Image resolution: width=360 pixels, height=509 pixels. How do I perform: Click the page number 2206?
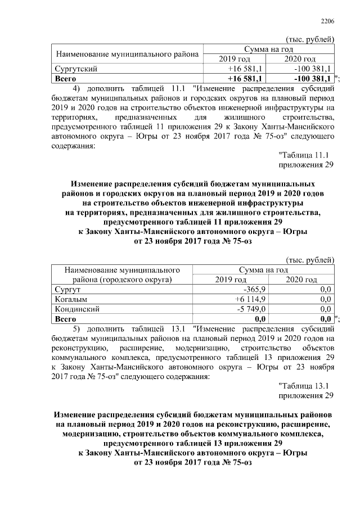pos(327,21)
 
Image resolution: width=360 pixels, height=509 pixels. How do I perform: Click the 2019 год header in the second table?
pos(231,280)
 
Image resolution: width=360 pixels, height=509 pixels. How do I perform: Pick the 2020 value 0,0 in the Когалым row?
pos(325,299)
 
